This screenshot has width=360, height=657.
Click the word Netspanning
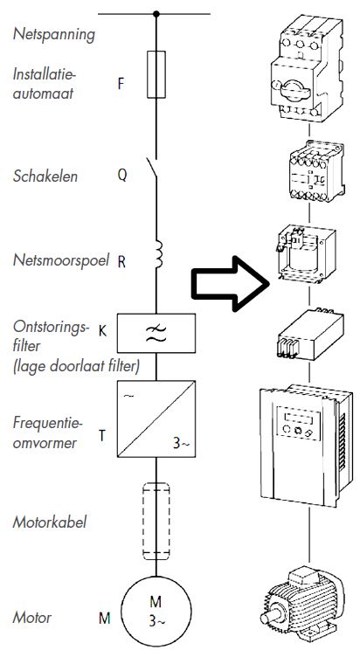click(x=53, y=35)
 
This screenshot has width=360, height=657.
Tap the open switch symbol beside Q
click(x=155, y=175)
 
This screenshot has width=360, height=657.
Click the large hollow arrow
click(x=228, y=283)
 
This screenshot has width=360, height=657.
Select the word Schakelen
click(x=45, y=176)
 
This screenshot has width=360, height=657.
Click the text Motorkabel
click(x=50, y=522)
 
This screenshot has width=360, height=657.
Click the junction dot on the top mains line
click(x=156, y=14)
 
